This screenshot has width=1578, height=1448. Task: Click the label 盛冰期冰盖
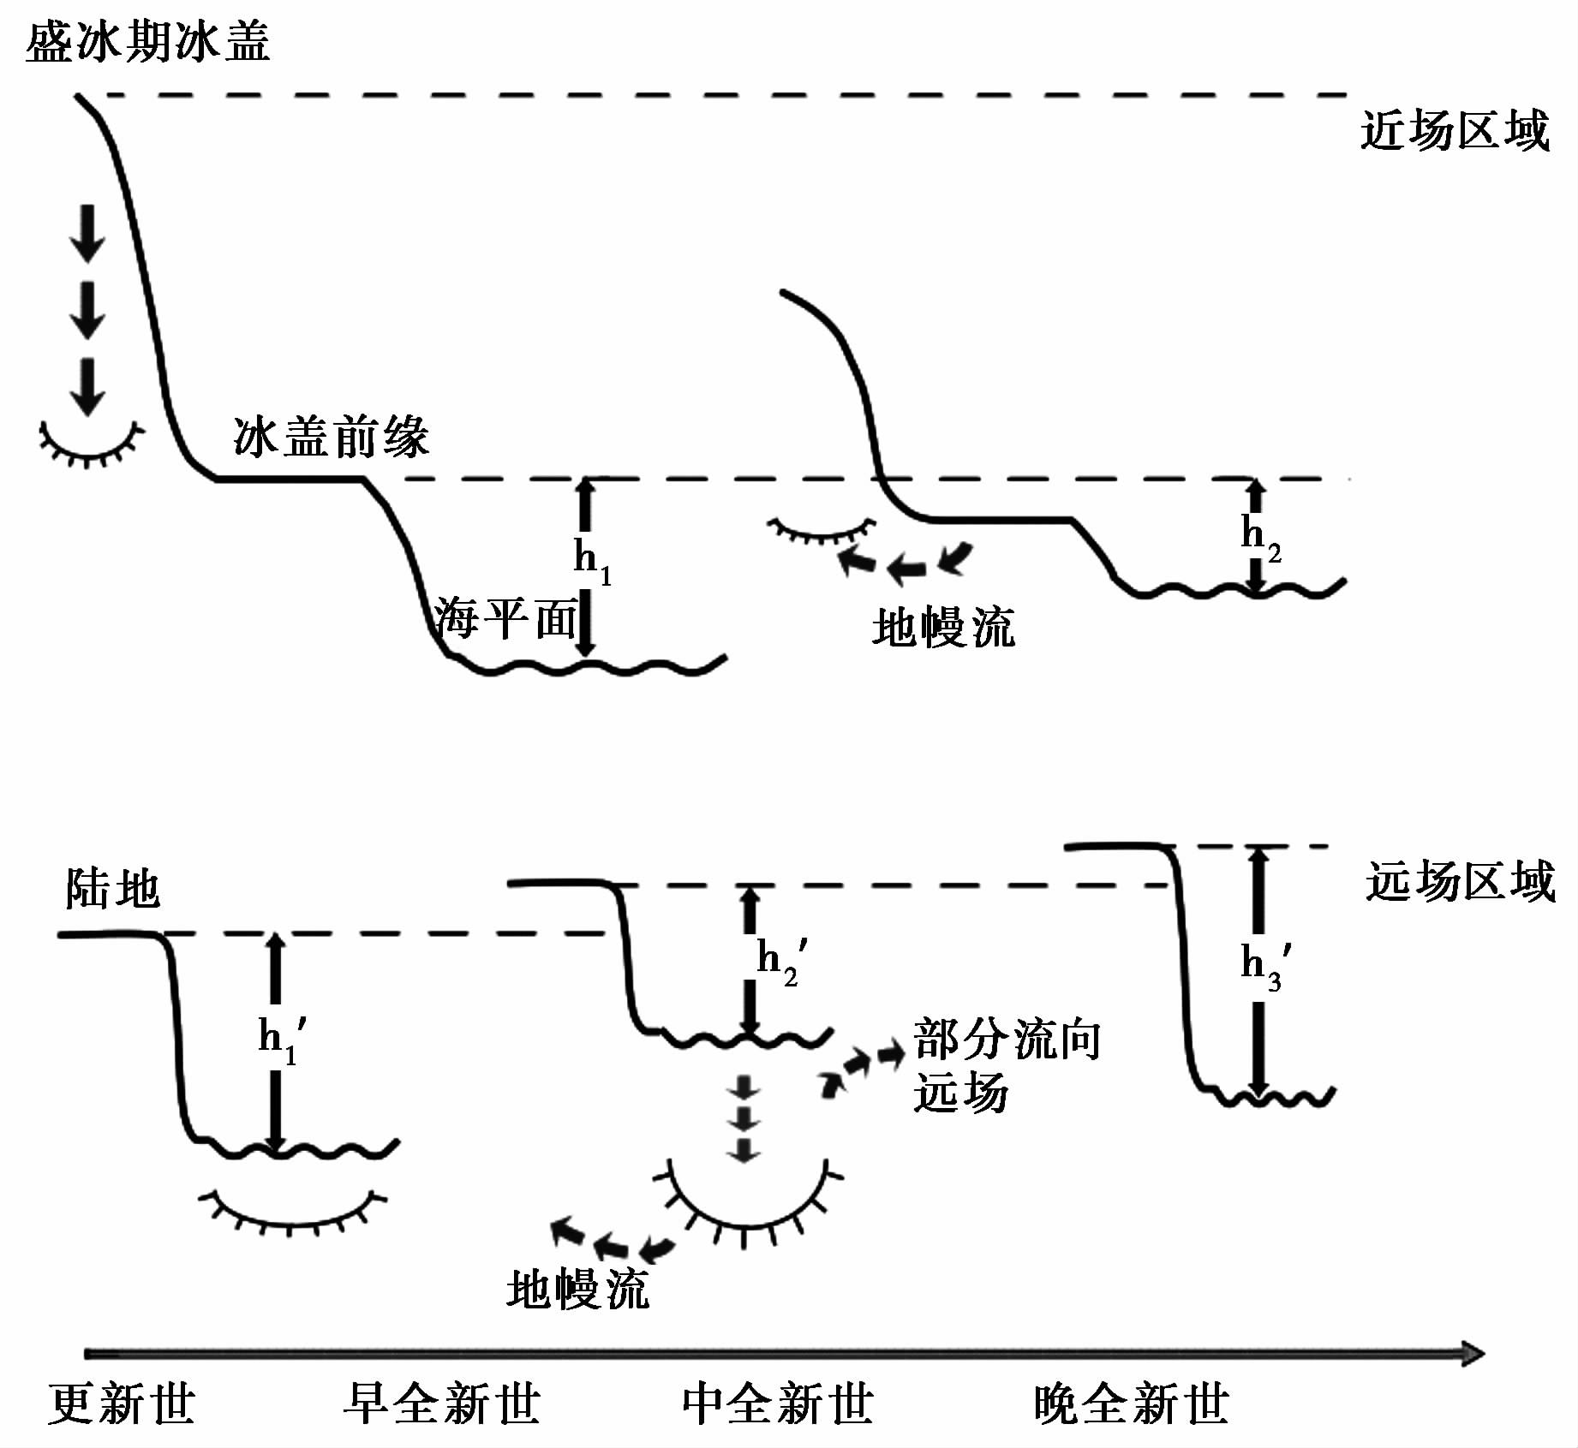coord(147,42)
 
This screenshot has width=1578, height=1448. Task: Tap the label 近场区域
coord(1455,131)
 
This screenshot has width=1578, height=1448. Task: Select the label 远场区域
coord(1460,881)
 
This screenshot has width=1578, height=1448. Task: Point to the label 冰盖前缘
coord(331,437)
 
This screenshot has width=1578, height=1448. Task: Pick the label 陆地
coord(112,888)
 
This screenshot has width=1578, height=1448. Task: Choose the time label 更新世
coord(122,1404)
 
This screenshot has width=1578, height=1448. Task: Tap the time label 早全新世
coord(441,1404)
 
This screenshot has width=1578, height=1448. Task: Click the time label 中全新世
coord(778,1404)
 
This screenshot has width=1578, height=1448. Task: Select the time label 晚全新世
coord(1131,1404)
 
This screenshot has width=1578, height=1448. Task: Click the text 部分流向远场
coord(1004,1065)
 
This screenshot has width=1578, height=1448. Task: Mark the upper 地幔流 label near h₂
coord(943,628)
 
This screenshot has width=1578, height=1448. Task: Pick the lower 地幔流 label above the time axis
coord(577,1290)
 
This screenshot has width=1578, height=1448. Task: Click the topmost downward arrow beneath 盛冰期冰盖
coord(87,233)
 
